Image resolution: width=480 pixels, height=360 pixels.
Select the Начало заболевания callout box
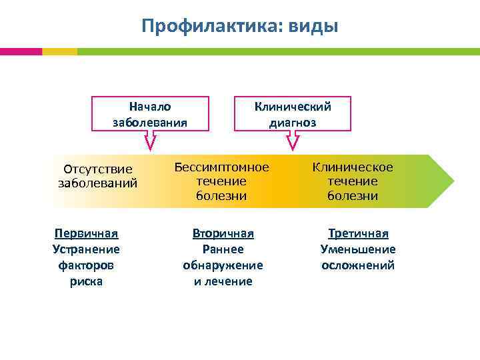pyautogui.click(x=150, y=114)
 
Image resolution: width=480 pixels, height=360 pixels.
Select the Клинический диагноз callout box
pyautogui.click(x=292, y=114)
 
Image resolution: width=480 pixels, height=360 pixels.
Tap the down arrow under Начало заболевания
pyautogui.click(x=151, y=141)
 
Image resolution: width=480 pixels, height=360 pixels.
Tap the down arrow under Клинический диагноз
pyautogui.click(x=293, y=141)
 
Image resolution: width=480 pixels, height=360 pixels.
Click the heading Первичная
pyautogui.click(x=86, y=233)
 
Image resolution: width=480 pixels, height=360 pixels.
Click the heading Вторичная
pyautogui.click(x=223, y=233)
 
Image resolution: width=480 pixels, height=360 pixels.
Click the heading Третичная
pyautogui.click(x=358, y=233)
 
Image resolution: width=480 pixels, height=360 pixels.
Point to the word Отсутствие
pyautogui.click(x=97, y=169)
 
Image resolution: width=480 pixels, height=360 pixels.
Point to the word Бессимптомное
pyautogui.click(x=221, y=167)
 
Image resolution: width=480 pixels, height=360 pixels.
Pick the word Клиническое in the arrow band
pyautogui.click(x=353, y=167)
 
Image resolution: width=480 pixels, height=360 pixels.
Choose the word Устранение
pyautogui.click(x=86, y=249)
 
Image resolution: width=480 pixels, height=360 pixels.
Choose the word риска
pyautogui.click(x=86, y=281)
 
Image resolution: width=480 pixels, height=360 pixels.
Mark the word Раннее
pyautogui.click(x=223, y=249)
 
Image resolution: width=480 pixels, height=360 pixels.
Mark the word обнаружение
pyautogui.click(x=223, y=265)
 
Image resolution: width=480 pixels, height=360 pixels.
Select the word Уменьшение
pyautogui.click(x=358, y=249)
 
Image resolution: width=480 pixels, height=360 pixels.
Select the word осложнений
pyautogui.click(x=358, y=265)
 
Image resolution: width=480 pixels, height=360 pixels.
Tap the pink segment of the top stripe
pyautogui.click(x=21, y=51)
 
